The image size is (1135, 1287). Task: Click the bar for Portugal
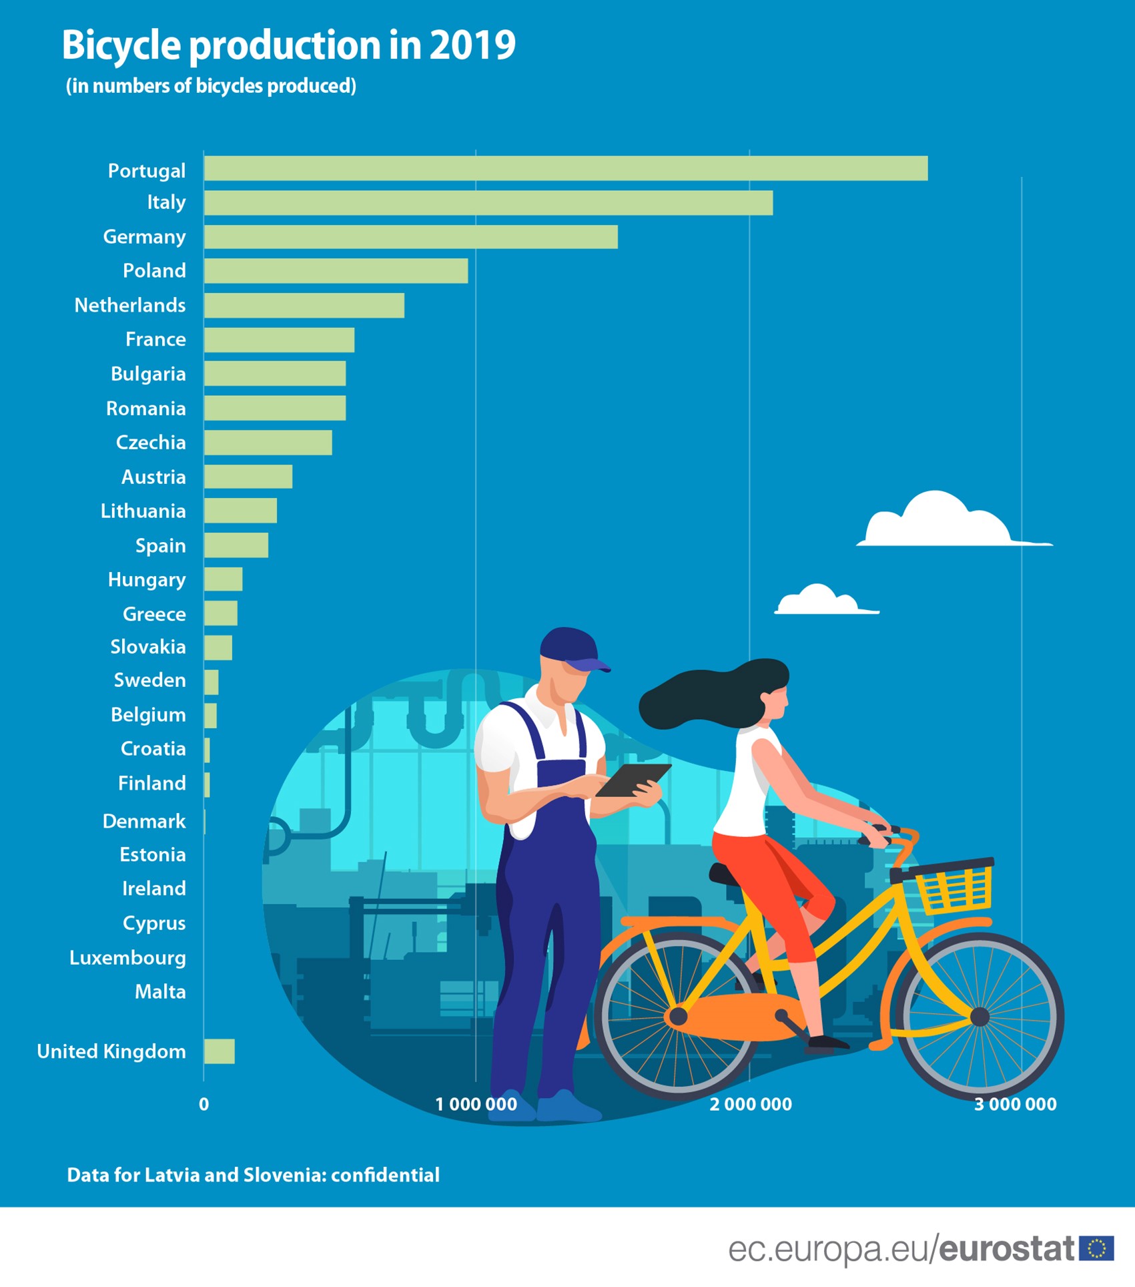pyautogui.click(x=565, y=168)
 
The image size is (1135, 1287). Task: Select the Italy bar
pyautogui.click(x=488, y=203)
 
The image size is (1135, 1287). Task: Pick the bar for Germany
pyautogui.click(x=410, y=237)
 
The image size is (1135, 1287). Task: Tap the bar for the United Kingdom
pyautogui.click(x=219, y=1051)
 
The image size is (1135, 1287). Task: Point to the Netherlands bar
pyautogui.click(x=304, y=305)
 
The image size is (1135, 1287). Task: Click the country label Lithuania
pyautogui.click(x=143, y=511)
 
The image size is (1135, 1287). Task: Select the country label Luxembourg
pyautogui.click(x=127, y=958)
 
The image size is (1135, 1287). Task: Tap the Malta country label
pyautogui.click(x=160, y=992)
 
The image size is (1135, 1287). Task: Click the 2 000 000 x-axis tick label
pyautogui.click(x=750, y=1105)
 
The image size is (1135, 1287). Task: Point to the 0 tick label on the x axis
pyautogui.click(x=204, y=1105)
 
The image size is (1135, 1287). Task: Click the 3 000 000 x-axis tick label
pyautogui.click(x=1015, y=1105)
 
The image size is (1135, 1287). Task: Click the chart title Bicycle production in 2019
pyautogui.click(x=288, y=45)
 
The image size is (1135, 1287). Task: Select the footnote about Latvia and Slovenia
pyautogui.click(x=253, y=1176)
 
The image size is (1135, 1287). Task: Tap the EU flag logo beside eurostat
pyautogui.click(x=1096, y=1248)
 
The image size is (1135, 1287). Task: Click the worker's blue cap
pyautogui.click(x=571, y=647)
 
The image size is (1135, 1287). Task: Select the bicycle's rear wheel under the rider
pyautogui.click(x=677, y=1016)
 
